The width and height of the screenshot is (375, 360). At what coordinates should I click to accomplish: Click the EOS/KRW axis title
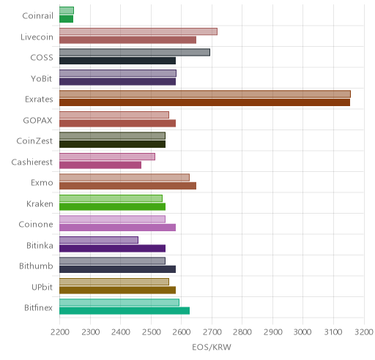coord(212,347)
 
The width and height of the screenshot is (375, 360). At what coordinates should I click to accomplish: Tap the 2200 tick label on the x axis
coord(59,332)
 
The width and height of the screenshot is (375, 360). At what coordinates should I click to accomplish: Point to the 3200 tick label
coord(364,332)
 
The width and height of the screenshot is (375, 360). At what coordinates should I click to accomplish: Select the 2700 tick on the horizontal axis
coord(212,332)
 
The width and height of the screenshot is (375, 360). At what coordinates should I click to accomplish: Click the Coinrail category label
coord(37,16)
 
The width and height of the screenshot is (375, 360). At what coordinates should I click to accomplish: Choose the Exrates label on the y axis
coord(39,100)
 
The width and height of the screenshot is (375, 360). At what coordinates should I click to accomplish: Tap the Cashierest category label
coord(32,162)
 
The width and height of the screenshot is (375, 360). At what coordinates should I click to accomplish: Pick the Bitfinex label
coord(38,308)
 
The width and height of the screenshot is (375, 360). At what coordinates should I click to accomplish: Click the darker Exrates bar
coord(204,102)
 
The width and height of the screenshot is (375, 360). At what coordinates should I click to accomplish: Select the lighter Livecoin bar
coord(138,31)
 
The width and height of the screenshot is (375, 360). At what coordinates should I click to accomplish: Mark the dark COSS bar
coord(117,61)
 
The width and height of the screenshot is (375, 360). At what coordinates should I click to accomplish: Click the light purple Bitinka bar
coord(99,240)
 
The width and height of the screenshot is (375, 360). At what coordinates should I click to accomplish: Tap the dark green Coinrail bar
coord(67,19)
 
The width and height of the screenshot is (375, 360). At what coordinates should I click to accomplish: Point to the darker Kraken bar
coord(113,207)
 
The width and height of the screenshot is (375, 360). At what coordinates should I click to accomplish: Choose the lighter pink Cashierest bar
coord(107,157)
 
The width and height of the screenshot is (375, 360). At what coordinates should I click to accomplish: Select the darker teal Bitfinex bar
coord(125,311)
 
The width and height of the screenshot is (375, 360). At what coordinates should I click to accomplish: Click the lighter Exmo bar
coord(125,178)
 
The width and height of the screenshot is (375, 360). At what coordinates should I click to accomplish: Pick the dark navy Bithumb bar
coord(117,269)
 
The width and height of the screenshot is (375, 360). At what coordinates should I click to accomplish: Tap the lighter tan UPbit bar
coord(114,282)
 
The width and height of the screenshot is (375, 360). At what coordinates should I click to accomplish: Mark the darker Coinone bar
coord(117,228)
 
